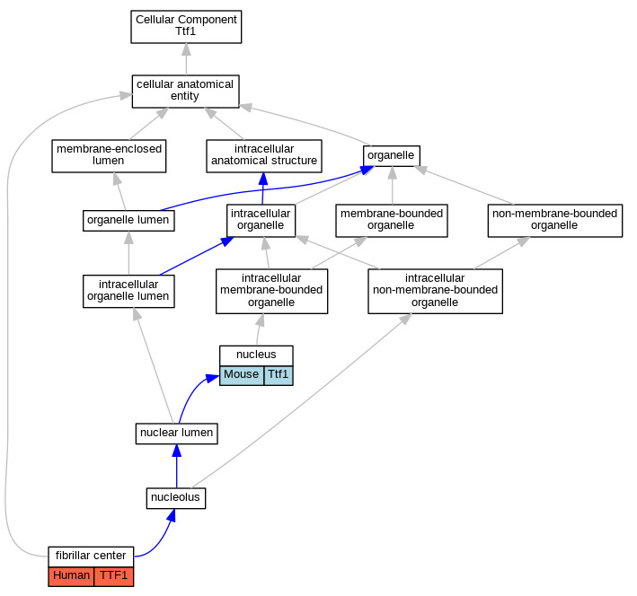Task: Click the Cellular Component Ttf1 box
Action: (x=186, y=27)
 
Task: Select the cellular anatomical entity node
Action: (x=186, y=92)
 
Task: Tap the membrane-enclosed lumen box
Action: (x=109, y=156)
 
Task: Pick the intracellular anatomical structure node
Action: (x=264, y=156)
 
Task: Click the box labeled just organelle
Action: (x=391, y=156)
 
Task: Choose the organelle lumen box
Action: (x=128, y=221)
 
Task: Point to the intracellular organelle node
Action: (x=261, y=221)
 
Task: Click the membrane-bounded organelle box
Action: (x=392, y=221)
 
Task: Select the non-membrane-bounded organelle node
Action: (x=555, y=221)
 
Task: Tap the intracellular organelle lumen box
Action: (x=128, y=291)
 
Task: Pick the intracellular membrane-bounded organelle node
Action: (x=272, y=291)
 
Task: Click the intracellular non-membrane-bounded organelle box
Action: (x=435, y=291)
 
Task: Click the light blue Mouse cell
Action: (x=242, y=375)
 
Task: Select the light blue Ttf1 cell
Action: (x=279, y=375)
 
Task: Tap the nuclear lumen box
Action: (x=177, y=434)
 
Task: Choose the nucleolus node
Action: (x=176, y=498)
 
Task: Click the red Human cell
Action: (x=71, y=576)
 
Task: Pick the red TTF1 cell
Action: (x=114, y=576)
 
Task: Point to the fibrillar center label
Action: (x=91, y=557)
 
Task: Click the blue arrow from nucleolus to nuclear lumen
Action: (x=177, y=466)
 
